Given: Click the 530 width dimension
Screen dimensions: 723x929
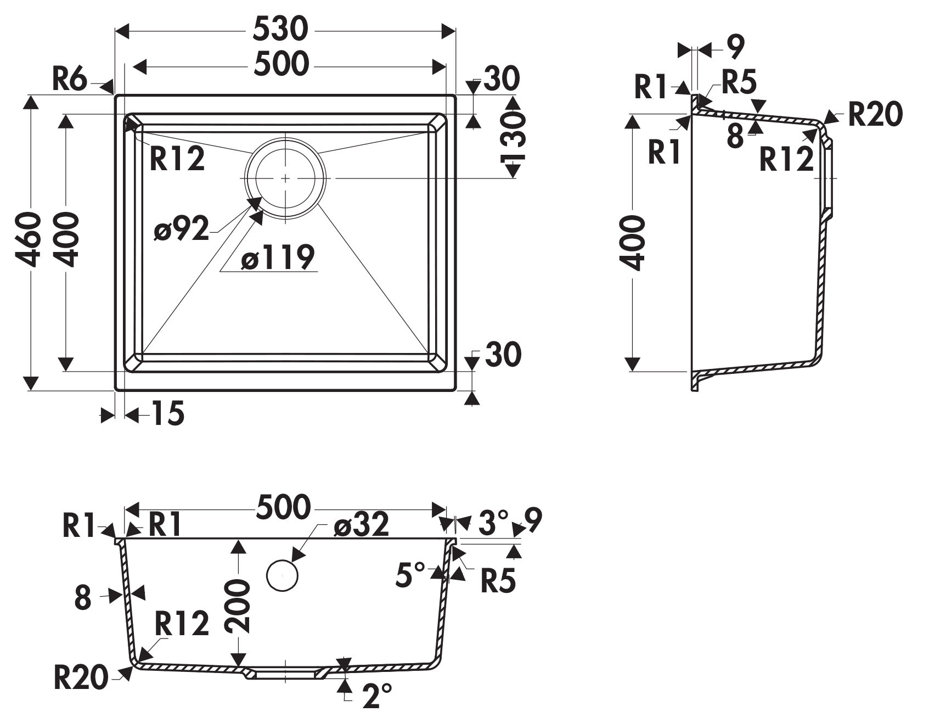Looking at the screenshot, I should coord(280,30).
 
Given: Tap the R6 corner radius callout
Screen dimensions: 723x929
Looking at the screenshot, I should coord(70,80).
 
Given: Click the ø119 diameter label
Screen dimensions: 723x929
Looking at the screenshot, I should coord(278,257).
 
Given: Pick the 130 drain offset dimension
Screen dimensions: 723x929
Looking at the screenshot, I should coord(513,138).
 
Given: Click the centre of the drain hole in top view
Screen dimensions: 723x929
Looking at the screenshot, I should coord(286,177).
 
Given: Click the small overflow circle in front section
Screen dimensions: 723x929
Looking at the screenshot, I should coord(282,575).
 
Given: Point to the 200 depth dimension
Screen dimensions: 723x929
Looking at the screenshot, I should coord(237,604).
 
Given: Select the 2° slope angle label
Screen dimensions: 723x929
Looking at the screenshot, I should coord(378,696).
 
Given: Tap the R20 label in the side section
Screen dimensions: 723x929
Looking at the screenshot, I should coord(875,115).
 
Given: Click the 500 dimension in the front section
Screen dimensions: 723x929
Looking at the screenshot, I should coord(283,507).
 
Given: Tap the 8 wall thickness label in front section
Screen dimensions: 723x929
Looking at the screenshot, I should coord(82,598).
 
